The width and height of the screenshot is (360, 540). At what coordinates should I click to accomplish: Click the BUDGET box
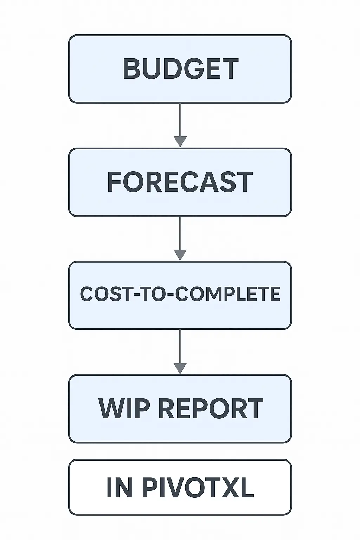pos(180,69)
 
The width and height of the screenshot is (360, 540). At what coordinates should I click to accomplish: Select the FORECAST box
pos(180,182)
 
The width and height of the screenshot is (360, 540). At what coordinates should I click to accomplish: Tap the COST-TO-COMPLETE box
pos(180,295)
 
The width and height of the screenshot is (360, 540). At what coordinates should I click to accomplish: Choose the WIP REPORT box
pos(180,409)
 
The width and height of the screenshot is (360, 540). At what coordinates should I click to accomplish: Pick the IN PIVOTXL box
pos(180,487)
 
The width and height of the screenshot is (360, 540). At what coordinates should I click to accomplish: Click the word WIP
pos(125,409)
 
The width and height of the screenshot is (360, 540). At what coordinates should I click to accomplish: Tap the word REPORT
pos(211,409)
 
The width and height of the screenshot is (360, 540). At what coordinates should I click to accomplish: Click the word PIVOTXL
pos(198,488)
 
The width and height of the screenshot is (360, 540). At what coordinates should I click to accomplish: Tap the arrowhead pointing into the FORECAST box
pos(180,142)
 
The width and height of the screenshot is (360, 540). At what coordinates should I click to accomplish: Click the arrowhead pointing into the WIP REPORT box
pos(180,368)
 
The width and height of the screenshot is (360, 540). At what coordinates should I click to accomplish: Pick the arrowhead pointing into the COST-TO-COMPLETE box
pos(180,255)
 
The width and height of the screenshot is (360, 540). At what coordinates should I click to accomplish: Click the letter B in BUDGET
pos(131,69)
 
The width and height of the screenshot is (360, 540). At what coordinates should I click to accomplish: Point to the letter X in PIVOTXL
pos(233,488)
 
